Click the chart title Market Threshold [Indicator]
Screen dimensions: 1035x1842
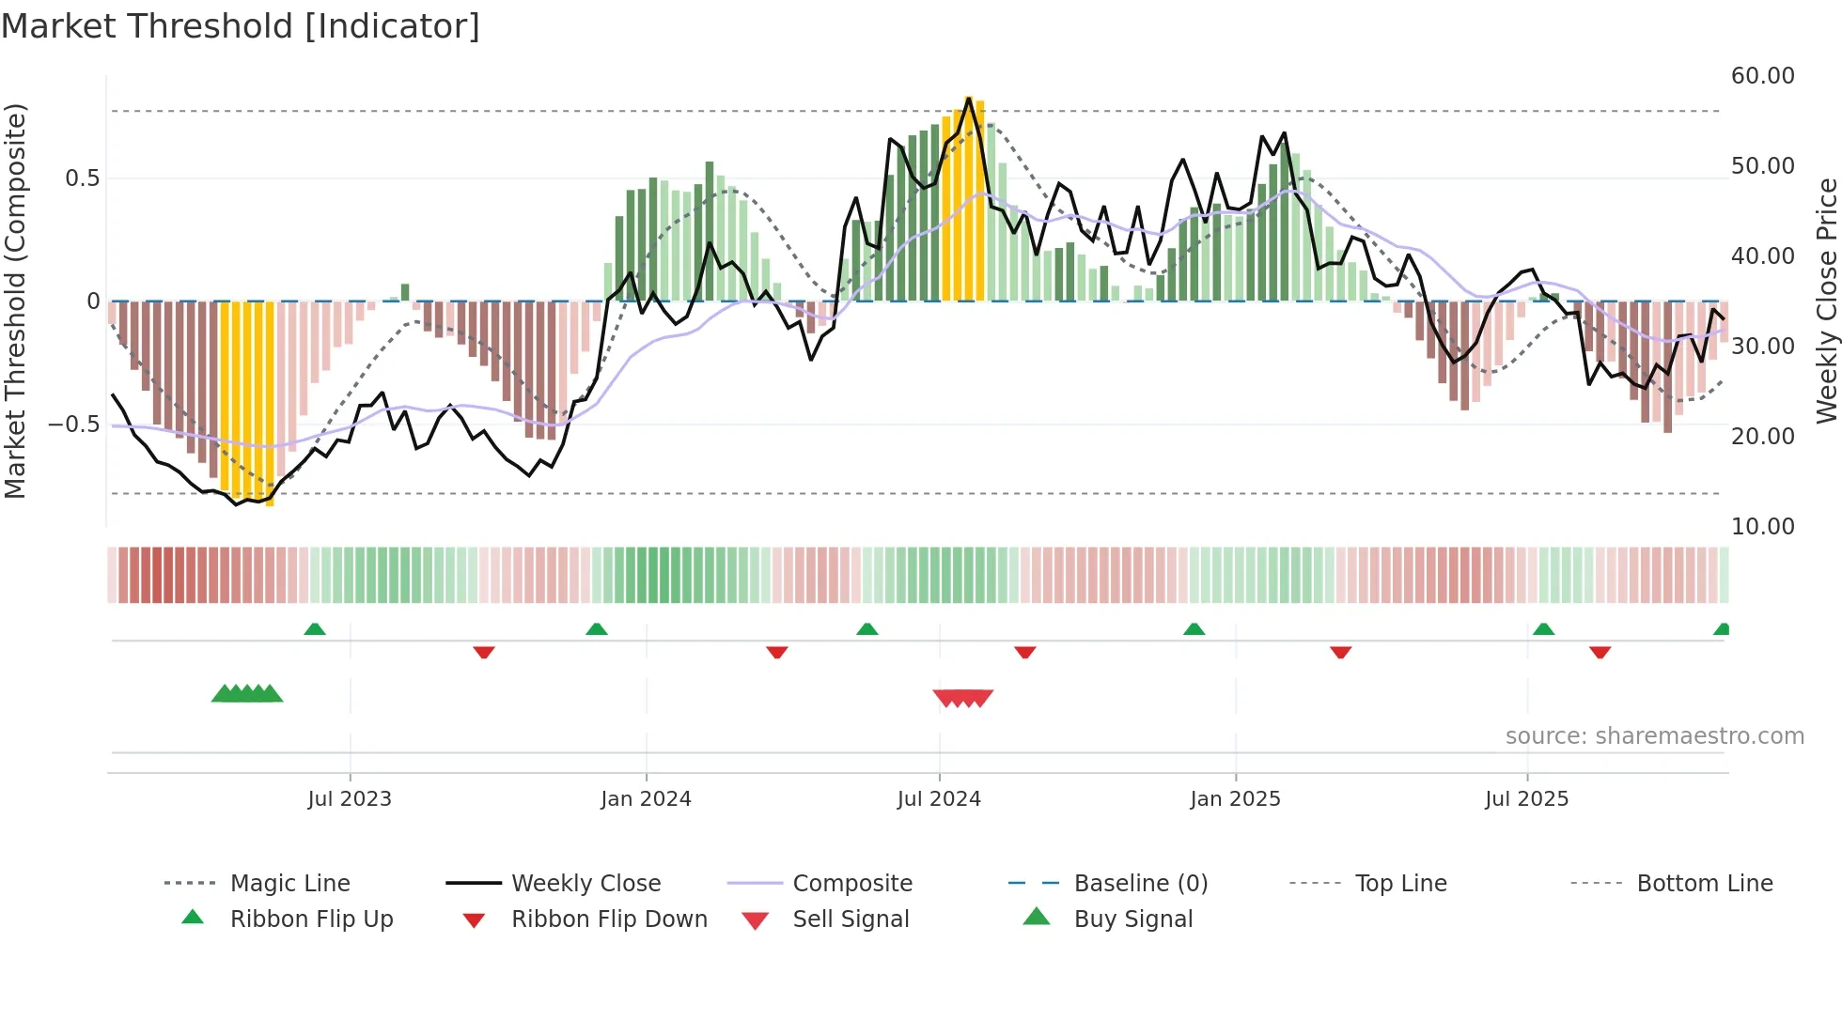pyautogui.click(x=241, y=26)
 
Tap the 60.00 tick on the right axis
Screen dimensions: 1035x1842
pyautogui.click(x=1762, y=76)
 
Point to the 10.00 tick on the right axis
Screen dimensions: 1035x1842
pyautogui.click(x=1762, y=527)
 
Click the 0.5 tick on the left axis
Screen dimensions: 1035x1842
pyautogui.click(x=83, y=178)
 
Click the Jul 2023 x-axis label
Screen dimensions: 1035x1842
pyautogui.click(x=349, y=799)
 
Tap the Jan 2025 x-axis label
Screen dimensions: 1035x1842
pyautogui.click(x=1234, y=799)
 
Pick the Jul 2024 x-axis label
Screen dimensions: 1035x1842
pyautogui.click(x=938, y=799)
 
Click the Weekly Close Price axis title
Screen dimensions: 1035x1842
pyautogui.click(x=1826, y=301)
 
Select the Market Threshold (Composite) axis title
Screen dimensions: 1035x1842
pyautogui.click(x=15, y=301)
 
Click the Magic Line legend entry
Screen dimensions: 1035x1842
pyautogui.click(x=289, y=884)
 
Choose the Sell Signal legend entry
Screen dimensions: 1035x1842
pyautogui.click(x=850, y=919)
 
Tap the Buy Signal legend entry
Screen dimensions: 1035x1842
pyautogui.click(x=1132, y=919)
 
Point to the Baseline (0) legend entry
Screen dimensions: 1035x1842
pyautogui.click(x=1140, y=884)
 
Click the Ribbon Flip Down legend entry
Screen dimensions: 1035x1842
pyautogui.click(x=608, y=919)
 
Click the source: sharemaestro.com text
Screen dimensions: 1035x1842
pyautogui.click(x=1654, y=736)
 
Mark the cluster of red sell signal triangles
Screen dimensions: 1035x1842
pyautogui.click(x=962, y=698)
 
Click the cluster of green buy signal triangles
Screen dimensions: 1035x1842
pyautogui.click(x=247, y=694)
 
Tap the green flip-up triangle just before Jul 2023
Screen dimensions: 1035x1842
pyautogui.click(x=315, y=629)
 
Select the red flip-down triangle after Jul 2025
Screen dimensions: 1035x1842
pyautogui.click(x=1600, y=652)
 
